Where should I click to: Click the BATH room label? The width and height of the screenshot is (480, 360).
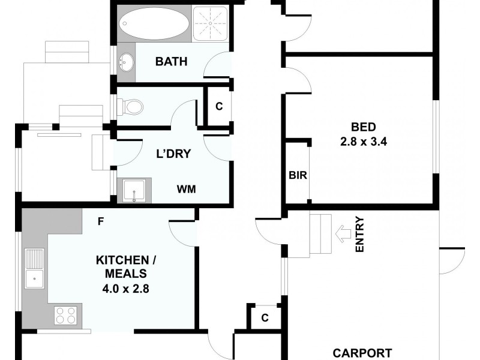click(x=171, y=61)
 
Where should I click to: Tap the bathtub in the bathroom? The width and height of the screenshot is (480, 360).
click(x=155, y=25)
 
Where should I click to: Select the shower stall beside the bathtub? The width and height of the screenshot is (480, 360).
click(x=211, y=25)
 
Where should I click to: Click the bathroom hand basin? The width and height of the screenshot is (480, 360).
click(x=126, y=61)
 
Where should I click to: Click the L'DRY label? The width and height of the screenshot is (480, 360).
click(x=173, y=154)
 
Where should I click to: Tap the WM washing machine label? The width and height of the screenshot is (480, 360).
click(x=185, y=189)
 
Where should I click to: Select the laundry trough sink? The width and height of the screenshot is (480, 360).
click(x=134, y=191)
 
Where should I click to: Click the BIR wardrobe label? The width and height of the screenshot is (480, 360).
click(x=297, y=176)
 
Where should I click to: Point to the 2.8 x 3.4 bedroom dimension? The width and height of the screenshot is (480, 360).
click(x=364, y=142)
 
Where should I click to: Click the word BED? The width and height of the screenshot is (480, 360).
click(x=364, y=127)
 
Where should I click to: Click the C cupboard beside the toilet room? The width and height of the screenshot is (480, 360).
click(x=219, y=107)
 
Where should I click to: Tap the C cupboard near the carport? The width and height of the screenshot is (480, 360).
click(x=265, y=318)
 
